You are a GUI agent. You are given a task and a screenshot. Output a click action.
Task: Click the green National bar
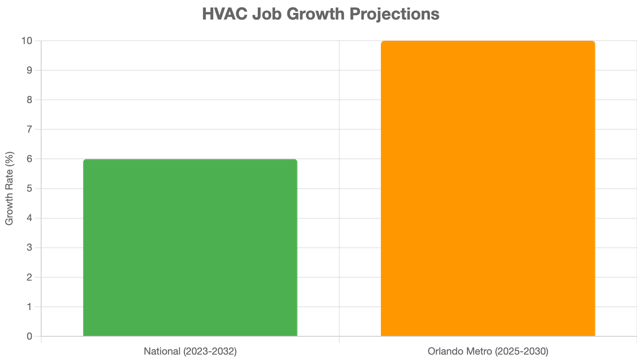190,248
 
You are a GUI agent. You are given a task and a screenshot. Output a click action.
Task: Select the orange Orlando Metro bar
488,189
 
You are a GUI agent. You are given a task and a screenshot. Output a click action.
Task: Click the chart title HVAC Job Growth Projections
321,14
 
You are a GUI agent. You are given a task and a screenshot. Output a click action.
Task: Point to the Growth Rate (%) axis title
10,188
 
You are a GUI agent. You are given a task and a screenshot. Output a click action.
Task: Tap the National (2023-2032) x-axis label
190,351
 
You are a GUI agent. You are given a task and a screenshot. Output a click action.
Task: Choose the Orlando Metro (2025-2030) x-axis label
488,351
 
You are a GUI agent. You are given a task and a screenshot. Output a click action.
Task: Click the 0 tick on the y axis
29,336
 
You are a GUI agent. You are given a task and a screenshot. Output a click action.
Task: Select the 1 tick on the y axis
29,307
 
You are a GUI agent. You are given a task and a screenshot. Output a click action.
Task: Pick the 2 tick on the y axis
29,277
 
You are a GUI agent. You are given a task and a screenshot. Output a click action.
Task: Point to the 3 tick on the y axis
29,248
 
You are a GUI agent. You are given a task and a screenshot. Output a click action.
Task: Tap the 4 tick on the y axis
29,218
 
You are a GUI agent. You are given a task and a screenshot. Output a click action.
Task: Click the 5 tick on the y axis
29,189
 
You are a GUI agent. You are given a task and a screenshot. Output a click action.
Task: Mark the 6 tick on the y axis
29,159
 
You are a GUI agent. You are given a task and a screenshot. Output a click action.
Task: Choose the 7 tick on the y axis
29,129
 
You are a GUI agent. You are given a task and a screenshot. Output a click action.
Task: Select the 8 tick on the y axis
29,100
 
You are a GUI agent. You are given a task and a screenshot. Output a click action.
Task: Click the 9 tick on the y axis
29,70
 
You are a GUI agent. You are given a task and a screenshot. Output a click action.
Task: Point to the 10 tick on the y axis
27,41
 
